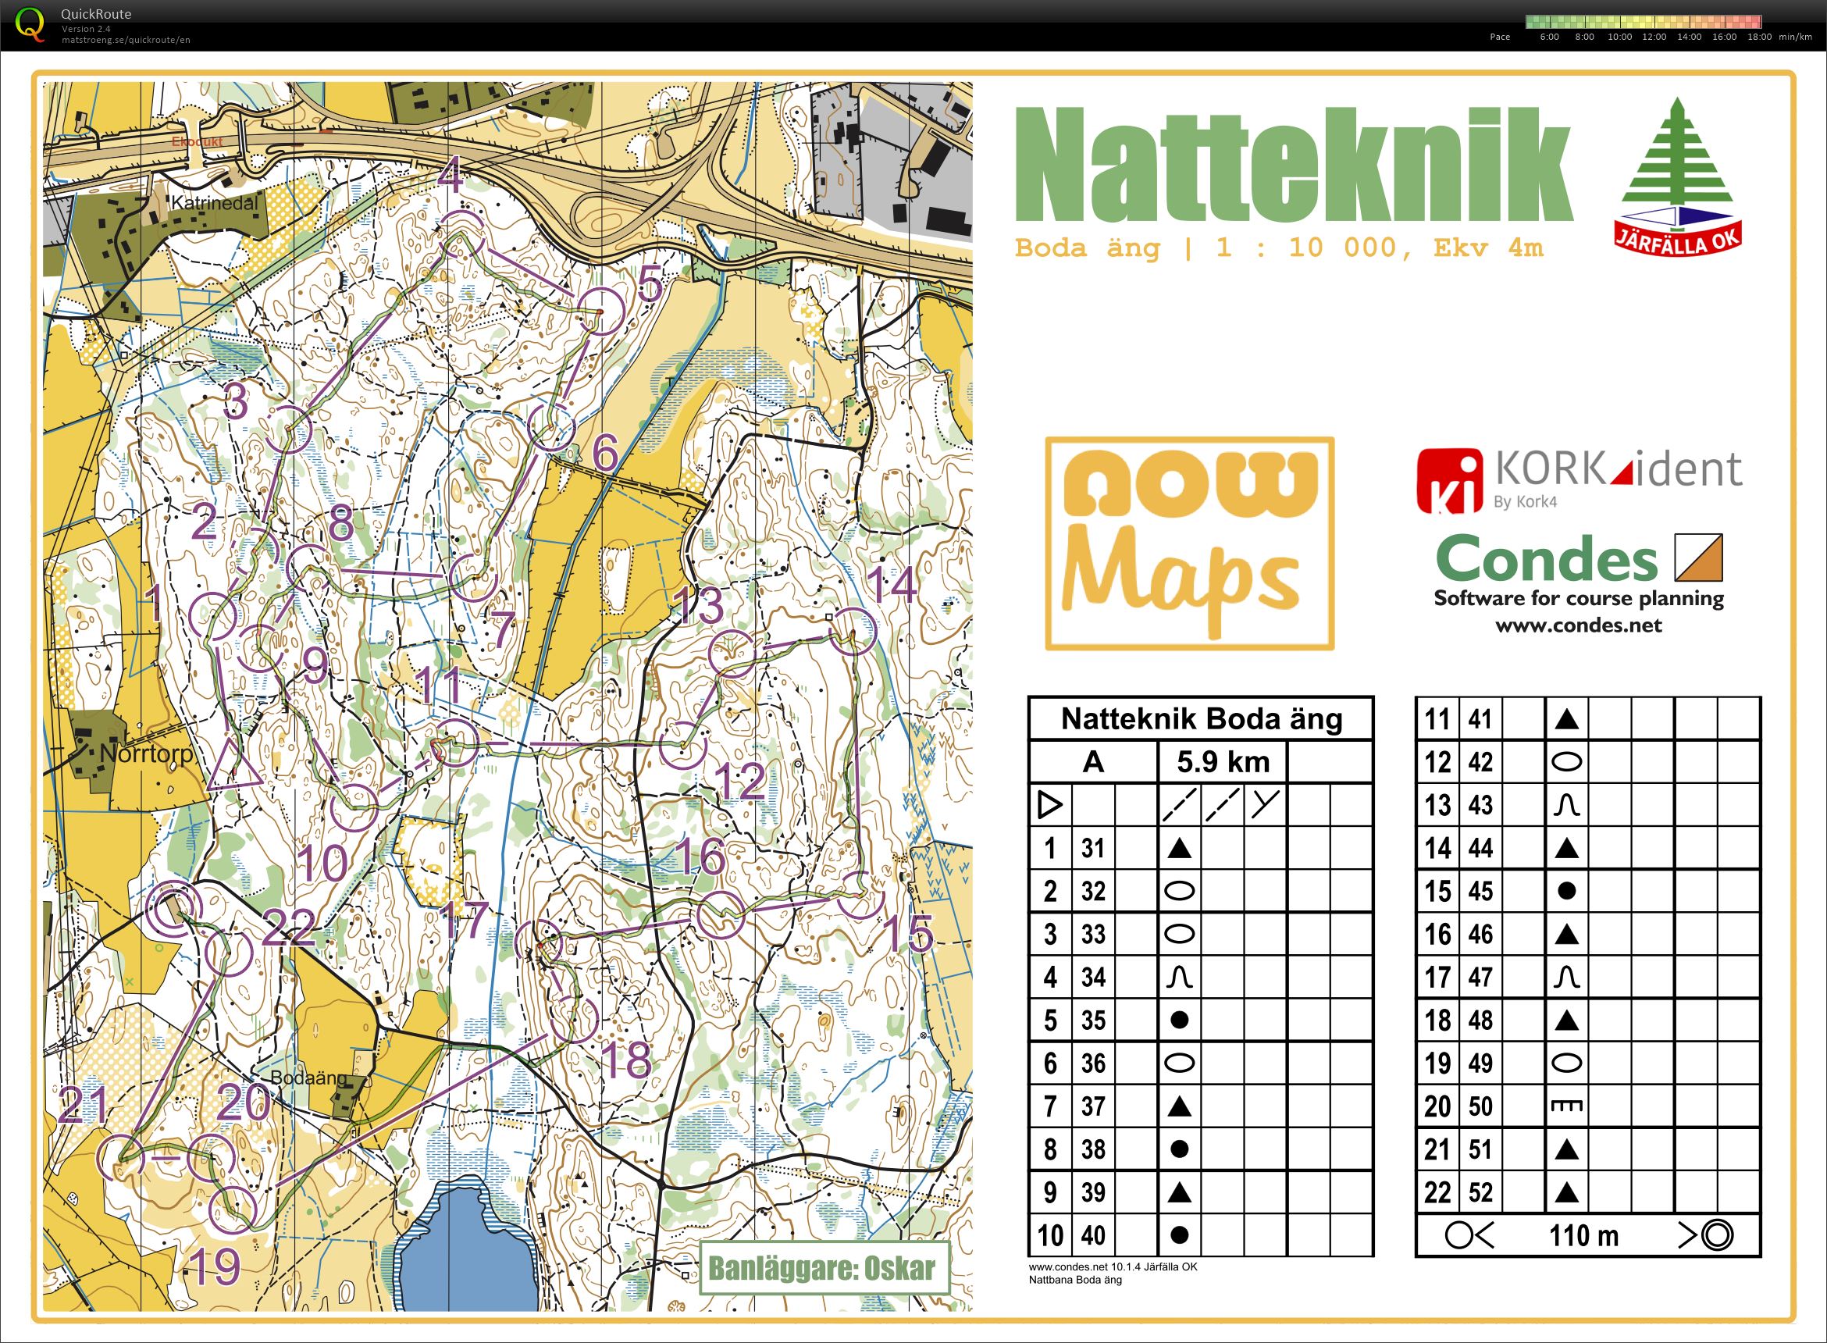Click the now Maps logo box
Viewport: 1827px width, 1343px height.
pyautogui.click(x=1189, y=543)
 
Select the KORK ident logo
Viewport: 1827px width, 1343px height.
pyautogui.click(x=1578, y=480)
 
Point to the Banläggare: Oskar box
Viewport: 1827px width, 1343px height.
pyautogui.click(x=823, y=1267)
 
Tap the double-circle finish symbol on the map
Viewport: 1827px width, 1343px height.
pyautogui.click(x=173, y=908)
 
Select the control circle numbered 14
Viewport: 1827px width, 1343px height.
pyautogui.click(x=853, y=632)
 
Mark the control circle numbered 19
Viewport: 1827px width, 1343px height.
pyautogui.click(x=233, y=1209)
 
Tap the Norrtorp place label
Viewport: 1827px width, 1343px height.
pyautogui.click(x=146, y=753)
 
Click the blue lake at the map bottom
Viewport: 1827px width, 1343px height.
pyautogui.click(x=463, y=1252)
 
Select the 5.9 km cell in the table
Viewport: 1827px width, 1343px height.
pyautogui.click(x=1223, y=762)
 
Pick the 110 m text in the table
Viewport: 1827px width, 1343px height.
pyautogui.click(x=1583, y=1236)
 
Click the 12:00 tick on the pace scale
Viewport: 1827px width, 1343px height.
pyautogui.click(x=1654, y=37)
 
